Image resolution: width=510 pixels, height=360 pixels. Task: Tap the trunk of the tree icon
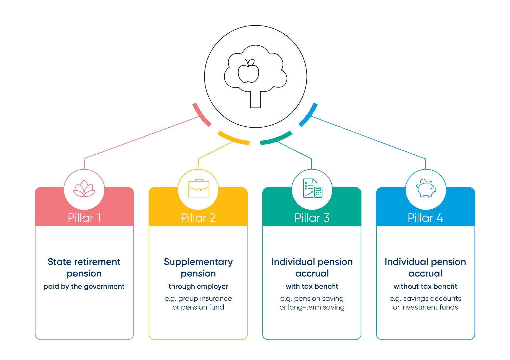pyautogui.click(x=256, y=99)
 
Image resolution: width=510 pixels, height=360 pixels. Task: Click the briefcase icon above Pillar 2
pyautogui.click(x=198, y=188)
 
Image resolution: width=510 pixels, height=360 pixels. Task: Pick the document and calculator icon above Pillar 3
pyautogui.click(x=313, y=188)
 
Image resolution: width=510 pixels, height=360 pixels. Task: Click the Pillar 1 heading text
pyautogui.click(x=84, y=218)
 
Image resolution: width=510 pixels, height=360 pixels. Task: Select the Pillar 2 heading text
pyautogui.click(x=198, y=218)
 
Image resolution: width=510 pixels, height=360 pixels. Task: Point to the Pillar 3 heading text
pyautogui.click(x=312, y=218)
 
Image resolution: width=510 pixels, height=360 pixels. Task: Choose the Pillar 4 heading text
pyautogui.click(x=425, y=218)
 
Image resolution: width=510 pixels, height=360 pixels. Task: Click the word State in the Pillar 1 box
pyautogui.click(x=58, y=262)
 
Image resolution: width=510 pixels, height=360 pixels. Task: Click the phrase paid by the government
pyautogui.click(x=84, y=287)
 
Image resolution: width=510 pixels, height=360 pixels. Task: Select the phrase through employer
pyautogui.click(x=198, y=287)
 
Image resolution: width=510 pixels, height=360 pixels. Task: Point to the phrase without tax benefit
pyautogui.click(x=425, y=286)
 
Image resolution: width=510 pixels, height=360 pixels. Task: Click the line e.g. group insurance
pyautogui.click(x=198, y=299)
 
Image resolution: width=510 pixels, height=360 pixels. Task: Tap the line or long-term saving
pyautogui.click(x=312, y=308)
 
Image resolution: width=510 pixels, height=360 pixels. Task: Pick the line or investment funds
pyautogui.click(x=425, y=307)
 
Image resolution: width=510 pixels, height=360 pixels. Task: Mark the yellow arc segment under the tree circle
pyautogui.click(x=233, y=139)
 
